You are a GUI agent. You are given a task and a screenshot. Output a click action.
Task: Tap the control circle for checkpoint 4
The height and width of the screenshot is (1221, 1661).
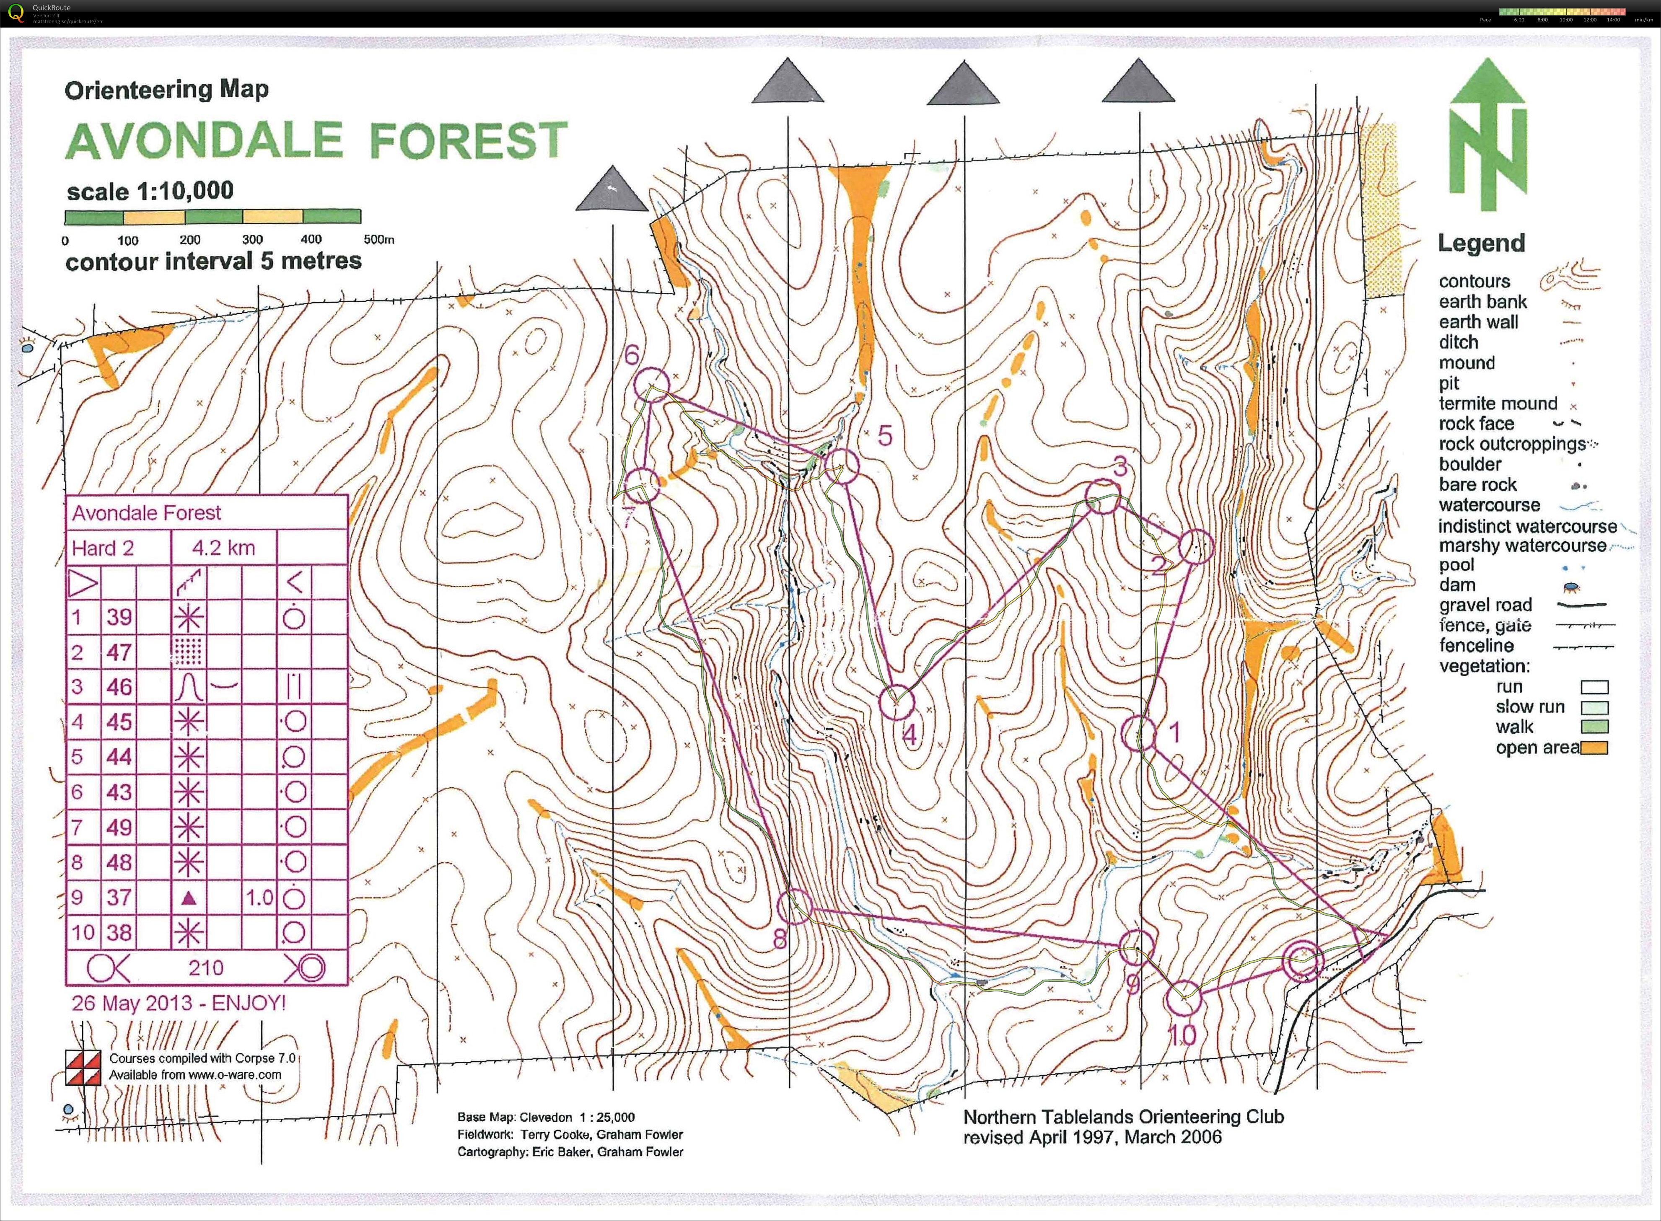897,701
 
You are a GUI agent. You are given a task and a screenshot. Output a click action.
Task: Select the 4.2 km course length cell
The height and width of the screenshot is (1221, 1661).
223,548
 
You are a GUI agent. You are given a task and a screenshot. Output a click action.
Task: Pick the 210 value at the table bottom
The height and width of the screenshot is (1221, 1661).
205,967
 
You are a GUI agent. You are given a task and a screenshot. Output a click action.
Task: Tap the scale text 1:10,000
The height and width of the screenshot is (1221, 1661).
185,191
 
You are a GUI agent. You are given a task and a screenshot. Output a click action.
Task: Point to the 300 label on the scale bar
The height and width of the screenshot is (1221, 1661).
251,240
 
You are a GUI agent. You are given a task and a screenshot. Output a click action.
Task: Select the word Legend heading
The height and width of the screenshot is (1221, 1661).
1481,243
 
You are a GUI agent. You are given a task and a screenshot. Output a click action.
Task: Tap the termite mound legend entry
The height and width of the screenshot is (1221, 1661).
1498,404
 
